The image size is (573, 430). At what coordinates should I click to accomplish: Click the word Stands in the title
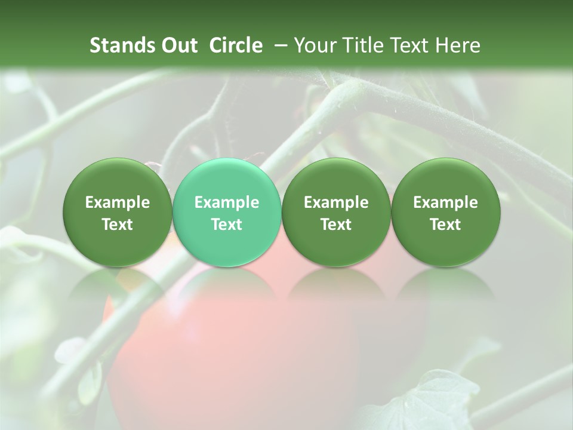[122, 45]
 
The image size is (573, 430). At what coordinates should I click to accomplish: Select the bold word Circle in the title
[236, 45]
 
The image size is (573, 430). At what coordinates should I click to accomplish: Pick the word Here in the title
[457, 45]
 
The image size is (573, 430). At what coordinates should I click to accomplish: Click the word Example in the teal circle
[227, 203]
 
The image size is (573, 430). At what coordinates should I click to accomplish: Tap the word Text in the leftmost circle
[118, 225]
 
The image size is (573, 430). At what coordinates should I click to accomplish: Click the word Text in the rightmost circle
[445, 225]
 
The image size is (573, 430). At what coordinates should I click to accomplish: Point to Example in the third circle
[336, 203]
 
